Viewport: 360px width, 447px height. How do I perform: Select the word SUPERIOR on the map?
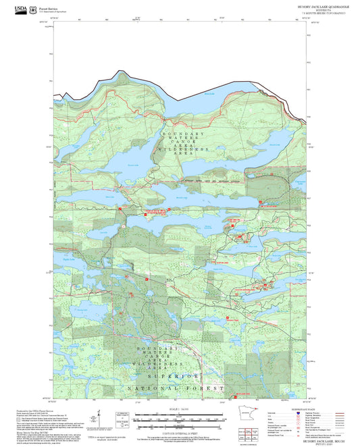click(178, 375)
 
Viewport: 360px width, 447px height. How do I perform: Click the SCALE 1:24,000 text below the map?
click(178, 409)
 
